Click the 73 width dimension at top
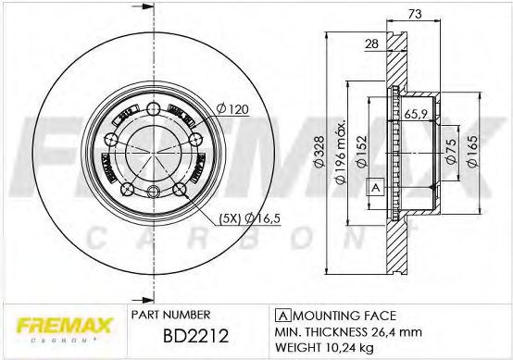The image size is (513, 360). pos(416,15)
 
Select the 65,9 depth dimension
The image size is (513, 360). pos(416,114)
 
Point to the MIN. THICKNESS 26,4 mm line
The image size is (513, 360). pos(348,330)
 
